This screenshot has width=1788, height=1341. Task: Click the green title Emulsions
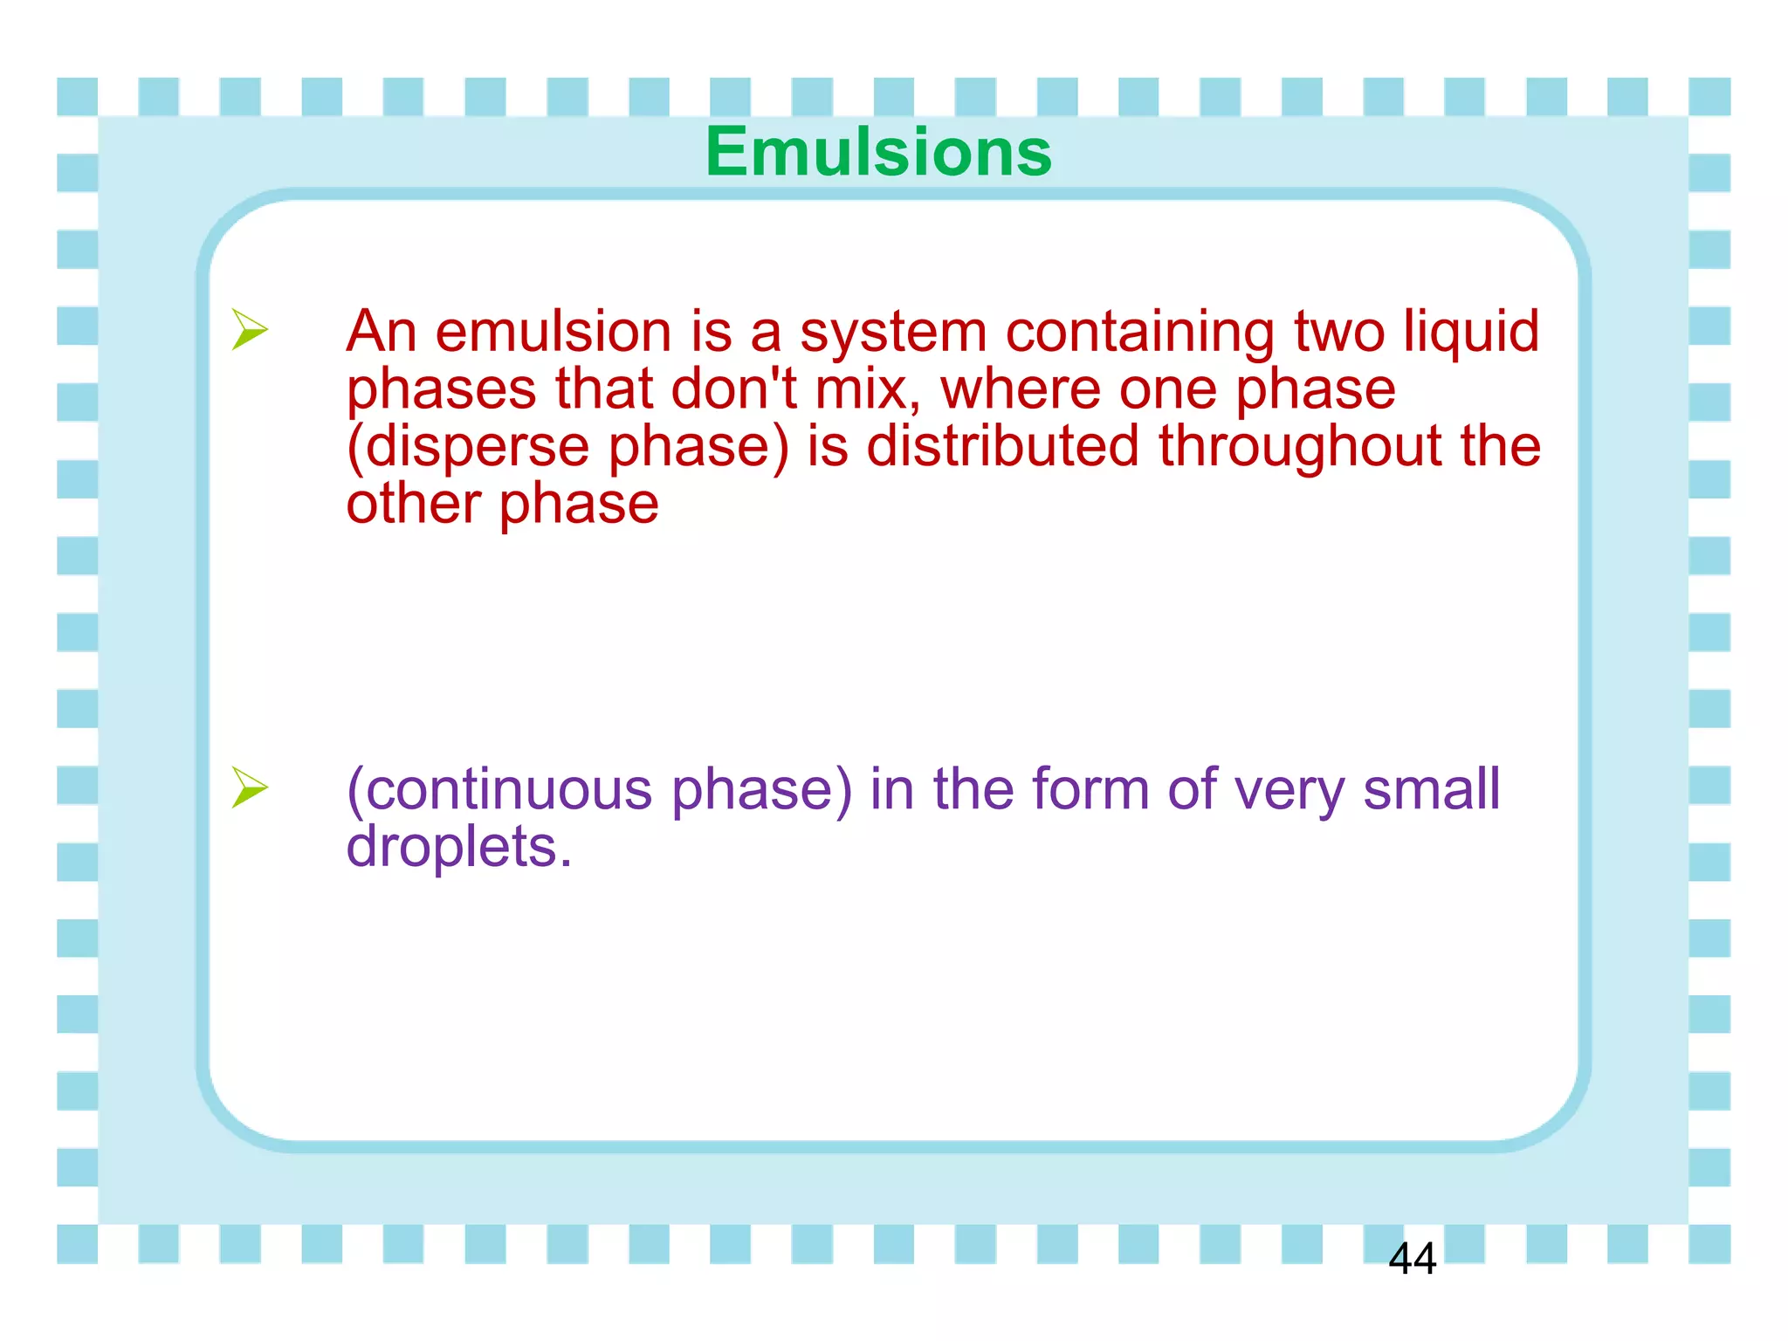pyautogui.click(x=878, y=152)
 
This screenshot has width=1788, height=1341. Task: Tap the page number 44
pyautogui.click(x=1412, y=1259)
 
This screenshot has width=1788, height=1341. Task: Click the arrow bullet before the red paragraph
pyautogui.click(x=249, y=330)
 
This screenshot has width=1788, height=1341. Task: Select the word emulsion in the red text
pyautogui.click(x=553, y=332)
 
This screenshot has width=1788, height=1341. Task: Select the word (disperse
pyautogui.click(x=468, y=447)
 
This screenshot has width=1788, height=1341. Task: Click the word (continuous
pyautogui.click(x=499, y=789)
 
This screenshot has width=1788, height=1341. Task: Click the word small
pyautogui.click(x=1431, y=789)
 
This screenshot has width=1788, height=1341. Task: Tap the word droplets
pyautogui.click(x=457, y=847)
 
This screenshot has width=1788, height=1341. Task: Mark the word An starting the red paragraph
pyautogui.click(x=381, y=332)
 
